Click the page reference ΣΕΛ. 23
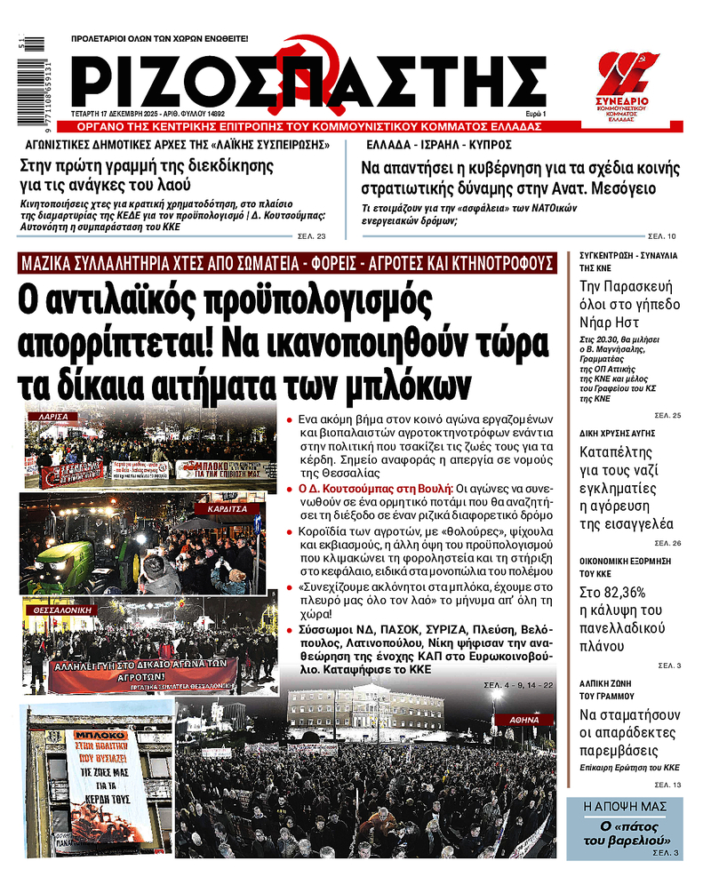[315, 236]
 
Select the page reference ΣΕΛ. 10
[663, 236]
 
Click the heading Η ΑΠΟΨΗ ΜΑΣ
[626, 809]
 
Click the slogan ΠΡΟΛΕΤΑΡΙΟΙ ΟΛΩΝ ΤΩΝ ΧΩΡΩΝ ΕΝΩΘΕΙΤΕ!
[160, 39]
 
